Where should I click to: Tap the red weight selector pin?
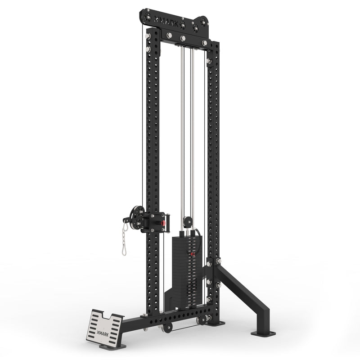(192, 255)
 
